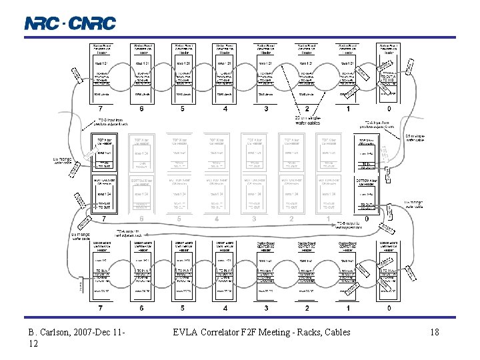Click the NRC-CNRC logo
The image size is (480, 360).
click(70, 23)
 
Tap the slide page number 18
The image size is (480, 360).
click(434, 332)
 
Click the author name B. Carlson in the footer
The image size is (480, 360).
click(50, 332)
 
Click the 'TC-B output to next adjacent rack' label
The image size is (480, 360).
click(349, 225)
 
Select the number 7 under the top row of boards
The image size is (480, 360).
click(101, 109)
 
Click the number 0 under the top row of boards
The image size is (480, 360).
click(389, 109)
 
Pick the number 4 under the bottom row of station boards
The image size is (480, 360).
click(225, 308)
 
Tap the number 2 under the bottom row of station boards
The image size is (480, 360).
click(307, 308)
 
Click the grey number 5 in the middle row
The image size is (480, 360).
click(179, 218)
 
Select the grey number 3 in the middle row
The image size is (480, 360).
click(254, 218)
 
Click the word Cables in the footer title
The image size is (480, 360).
click(335, 332)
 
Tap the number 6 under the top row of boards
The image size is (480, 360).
click(141, 109)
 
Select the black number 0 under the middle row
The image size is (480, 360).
click(367, 218)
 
